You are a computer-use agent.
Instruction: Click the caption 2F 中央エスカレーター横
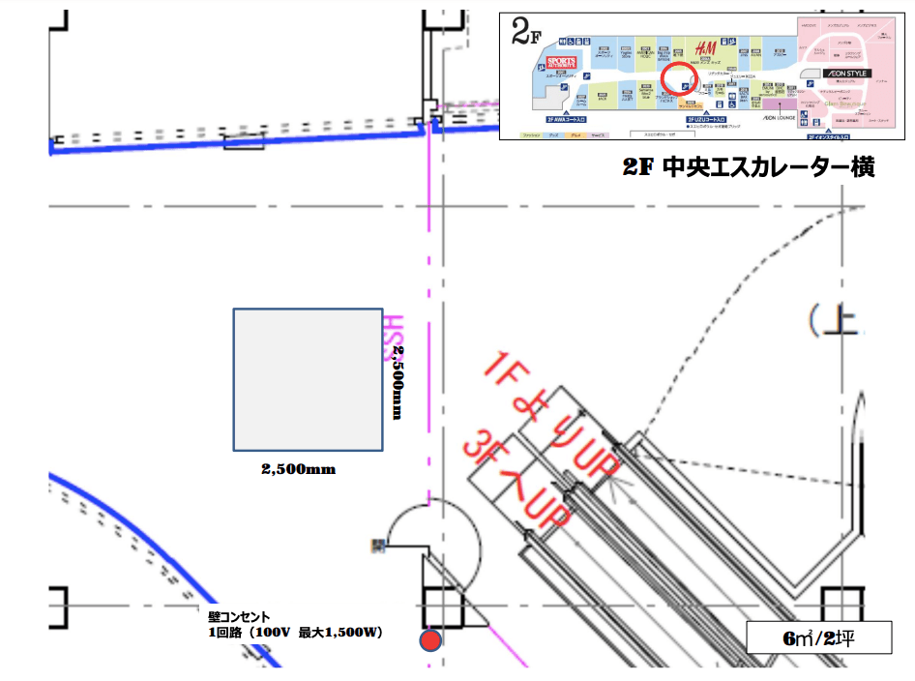click(749, 167)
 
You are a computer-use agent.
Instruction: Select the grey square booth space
click(308, 379)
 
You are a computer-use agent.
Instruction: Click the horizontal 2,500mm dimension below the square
click(298, 469)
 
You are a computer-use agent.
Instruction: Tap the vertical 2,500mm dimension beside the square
click(397, 382)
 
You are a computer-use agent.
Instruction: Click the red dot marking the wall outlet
click(430, 639)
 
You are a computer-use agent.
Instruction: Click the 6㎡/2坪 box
click(818, 639)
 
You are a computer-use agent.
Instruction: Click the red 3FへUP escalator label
click(516, 482)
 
